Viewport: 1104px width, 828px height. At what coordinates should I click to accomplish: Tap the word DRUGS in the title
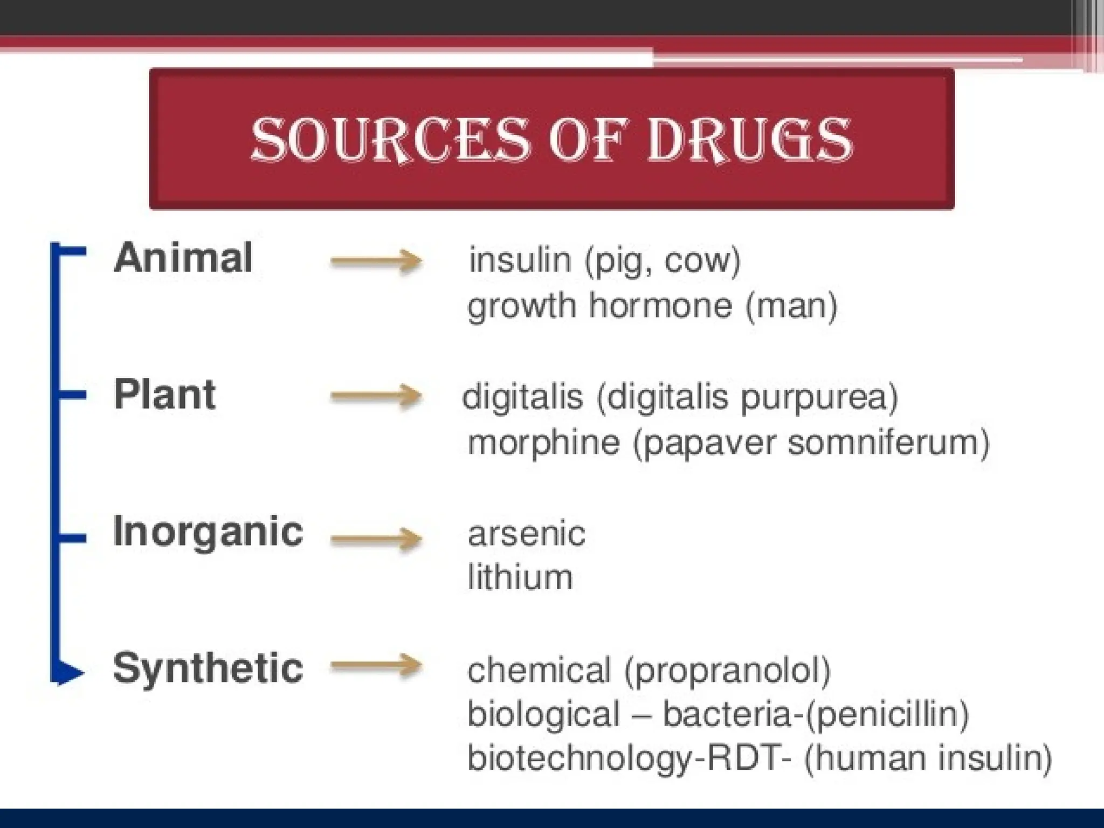pyautogui.click(x=749, y=140)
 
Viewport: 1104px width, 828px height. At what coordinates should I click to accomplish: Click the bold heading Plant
pyautogui.click(x=165, y=395)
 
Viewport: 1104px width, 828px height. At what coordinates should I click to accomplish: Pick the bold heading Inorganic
pyautogui.click(x=208, y=532)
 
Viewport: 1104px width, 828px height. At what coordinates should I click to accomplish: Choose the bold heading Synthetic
pyautogui.click(x=208, y=668)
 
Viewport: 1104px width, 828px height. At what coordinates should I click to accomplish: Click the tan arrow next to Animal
pyautogui.click(x=376, y=261)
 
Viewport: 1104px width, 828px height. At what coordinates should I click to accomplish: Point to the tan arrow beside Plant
pyautogui.click(x=376, y=397)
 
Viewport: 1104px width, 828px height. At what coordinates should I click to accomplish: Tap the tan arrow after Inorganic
pyautogui.click(x=376, y=538)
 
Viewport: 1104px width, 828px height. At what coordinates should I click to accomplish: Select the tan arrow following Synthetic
pyautogui.click(x=376, y=666)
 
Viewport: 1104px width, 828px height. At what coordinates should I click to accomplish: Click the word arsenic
pyautogui.click(x=527, y=534)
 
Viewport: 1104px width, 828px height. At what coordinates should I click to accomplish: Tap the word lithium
pyautogui.click(x=520, y=577)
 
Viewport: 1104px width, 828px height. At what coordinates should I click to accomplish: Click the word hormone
pyautogui.click(x=660, y=306)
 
